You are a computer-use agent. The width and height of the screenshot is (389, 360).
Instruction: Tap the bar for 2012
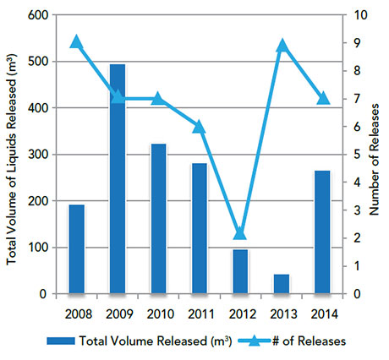[x=240, y=271]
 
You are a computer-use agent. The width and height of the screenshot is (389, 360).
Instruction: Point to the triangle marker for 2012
[x=240, y=233]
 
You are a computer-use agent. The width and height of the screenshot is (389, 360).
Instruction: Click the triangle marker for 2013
[x=282, y=45]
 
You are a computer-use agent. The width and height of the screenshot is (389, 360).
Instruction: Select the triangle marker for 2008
[x=77, y=42]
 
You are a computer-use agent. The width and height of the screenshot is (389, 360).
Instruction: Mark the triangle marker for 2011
[x=200, y=127]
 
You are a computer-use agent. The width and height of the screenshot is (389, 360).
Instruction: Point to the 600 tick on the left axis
[x=38, y=15]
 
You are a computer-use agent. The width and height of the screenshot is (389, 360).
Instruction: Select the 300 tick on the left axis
[x=38, y=155]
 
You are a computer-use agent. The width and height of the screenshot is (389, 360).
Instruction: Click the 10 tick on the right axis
[x=358, y=15]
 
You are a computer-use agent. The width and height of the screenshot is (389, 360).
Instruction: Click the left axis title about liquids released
[x=12, y=155]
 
